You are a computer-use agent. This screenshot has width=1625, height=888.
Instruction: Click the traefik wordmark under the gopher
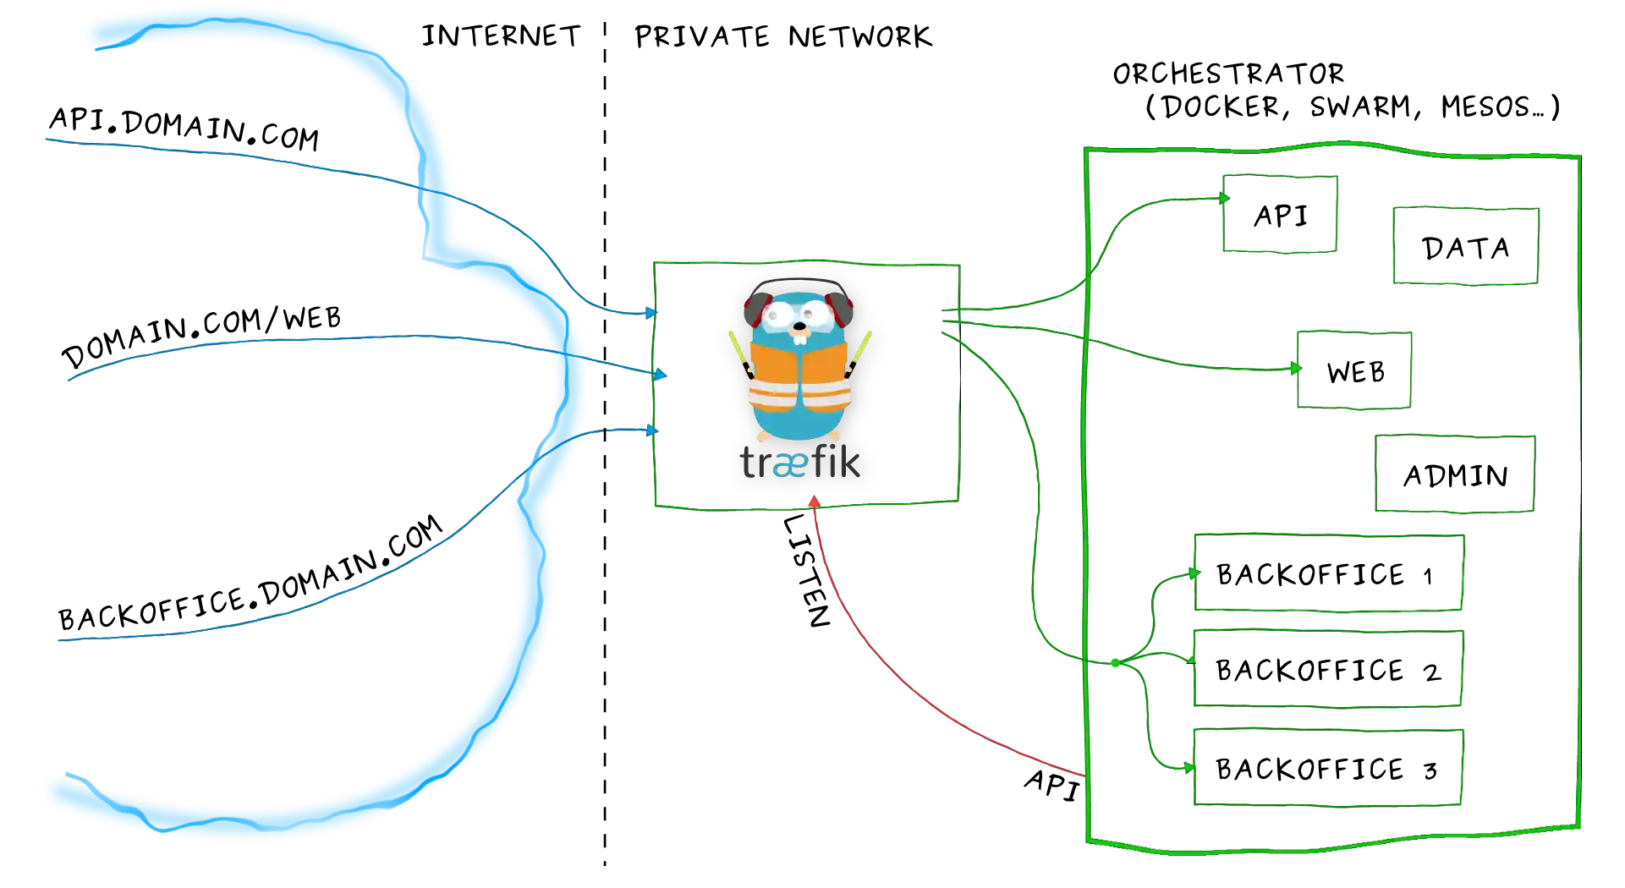pos(799,463)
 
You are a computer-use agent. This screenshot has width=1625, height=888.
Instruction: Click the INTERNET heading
pos(500,36)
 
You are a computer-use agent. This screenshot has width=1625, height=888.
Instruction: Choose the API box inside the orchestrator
pos(1280,216)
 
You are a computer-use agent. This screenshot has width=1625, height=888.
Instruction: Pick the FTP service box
pos(1464,248)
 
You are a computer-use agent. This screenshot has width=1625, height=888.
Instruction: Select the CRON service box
pos(1455,474)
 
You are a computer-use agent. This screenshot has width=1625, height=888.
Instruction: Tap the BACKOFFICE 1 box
pos(1327,575)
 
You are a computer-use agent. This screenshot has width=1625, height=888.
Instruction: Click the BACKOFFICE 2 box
pos(1327,671)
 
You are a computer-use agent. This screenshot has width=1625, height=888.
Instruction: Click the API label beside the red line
pos(1051,783)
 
